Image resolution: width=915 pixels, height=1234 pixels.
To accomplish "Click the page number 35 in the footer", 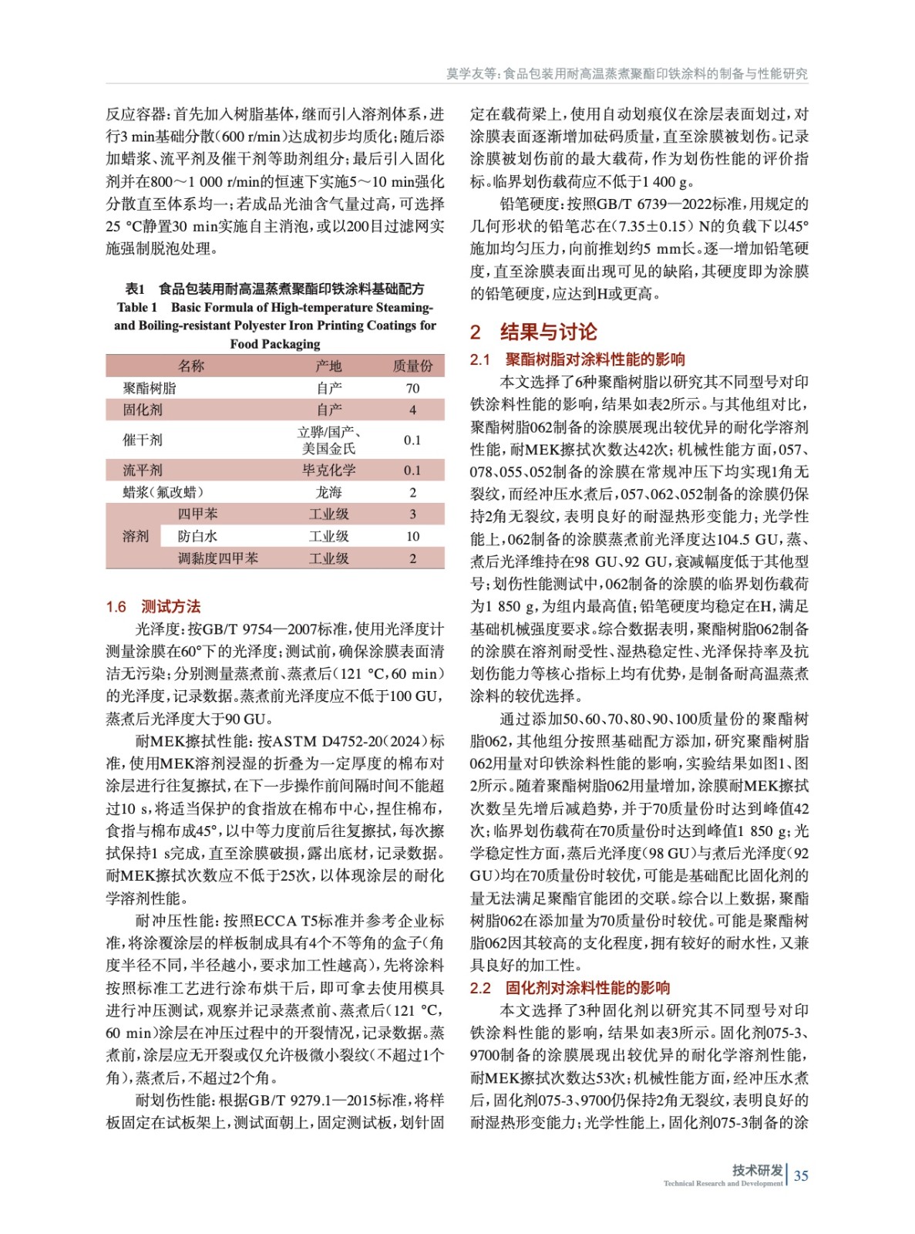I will coord(801,1175).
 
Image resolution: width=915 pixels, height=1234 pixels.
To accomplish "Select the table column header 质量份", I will coord(412,366).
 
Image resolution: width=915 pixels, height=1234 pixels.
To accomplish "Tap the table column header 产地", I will coord(328,366).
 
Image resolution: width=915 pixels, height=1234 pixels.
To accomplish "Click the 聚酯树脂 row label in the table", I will coord(150,388).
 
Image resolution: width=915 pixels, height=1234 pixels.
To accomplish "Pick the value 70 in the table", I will coord(412,388).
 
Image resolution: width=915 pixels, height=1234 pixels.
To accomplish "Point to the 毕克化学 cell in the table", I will coord(328,470).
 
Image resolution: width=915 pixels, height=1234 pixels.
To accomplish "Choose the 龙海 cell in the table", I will coord(328,492).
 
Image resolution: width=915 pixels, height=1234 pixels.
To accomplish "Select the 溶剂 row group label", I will coord(136,536).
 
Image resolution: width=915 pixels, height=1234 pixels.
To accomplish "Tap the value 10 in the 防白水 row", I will coord(412,536).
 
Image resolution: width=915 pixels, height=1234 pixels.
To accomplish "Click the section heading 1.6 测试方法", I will coord(153,606).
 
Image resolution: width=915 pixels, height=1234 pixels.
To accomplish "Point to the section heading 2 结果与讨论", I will coord(533,332).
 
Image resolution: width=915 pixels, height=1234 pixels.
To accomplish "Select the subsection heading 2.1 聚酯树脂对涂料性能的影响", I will coord(577,359).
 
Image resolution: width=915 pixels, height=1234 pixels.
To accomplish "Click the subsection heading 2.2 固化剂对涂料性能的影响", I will coord(570,988).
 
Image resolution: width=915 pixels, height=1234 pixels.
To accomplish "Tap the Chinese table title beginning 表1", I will coord(274,288).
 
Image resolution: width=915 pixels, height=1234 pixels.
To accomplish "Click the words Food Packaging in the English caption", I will coord(274,344).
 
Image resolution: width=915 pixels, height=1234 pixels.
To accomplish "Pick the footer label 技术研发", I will coord(757,1169).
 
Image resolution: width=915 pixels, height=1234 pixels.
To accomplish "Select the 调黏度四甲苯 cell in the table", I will coord(217,558).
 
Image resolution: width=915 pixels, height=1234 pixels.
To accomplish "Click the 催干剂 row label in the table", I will coord(143,440).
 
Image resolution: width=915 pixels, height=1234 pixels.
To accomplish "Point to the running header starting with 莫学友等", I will coord(627,73).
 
